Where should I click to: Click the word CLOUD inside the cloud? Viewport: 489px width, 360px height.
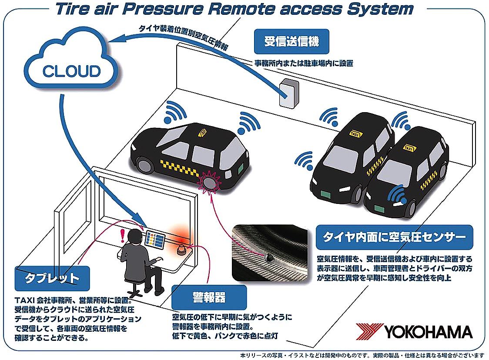point(71,70)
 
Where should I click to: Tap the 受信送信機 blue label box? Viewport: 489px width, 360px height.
point(291,42)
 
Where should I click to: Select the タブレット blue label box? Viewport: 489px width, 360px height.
point(52,278)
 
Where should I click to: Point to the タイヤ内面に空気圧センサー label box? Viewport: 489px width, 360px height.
point(394,237)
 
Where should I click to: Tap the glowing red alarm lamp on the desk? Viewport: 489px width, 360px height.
point(181,249)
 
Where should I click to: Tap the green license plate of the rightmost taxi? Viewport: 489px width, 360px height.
point(379,209)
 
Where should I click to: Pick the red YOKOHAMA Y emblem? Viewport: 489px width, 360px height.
point(368,332)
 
